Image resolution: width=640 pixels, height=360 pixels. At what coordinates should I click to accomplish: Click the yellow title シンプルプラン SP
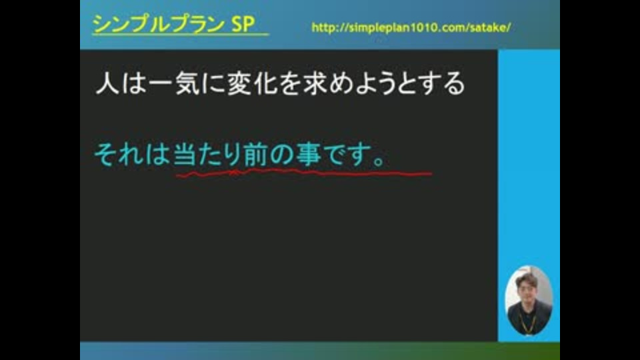click(x=173, y=24)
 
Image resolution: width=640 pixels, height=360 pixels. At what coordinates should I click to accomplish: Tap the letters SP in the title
click(x=243, y=24)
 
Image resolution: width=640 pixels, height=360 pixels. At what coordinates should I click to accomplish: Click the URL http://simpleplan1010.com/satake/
click(x=411, y=27)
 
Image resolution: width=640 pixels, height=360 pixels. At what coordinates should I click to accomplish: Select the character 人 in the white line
click(x=107, y=83)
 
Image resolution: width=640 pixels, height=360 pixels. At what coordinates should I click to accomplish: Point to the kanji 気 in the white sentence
click(x=188, y=83)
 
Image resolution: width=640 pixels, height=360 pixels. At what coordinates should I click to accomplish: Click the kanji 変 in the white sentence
click(x=239, y=83)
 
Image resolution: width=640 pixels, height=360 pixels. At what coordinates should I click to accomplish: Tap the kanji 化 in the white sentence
click(x=265, y=83)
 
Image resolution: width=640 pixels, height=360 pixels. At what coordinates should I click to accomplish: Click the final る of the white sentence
click(x=454, y=84)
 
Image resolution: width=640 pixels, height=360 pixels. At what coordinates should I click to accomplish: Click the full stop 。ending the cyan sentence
click(x=379, y=161)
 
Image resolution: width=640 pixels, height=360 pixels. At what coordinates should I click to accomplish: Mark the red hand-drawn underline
click(x=304, y=173)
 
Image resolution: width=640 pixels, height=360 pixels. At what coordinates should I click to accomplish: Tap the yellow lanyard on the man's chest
click(x=527, y=323)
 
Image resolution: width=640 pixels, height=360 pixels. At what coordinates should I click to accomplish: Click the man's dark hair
click(x=527, y=279)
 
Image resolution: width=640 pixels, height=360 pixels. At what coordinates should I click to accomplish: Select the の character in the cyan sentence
click(x=281, y=155)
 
